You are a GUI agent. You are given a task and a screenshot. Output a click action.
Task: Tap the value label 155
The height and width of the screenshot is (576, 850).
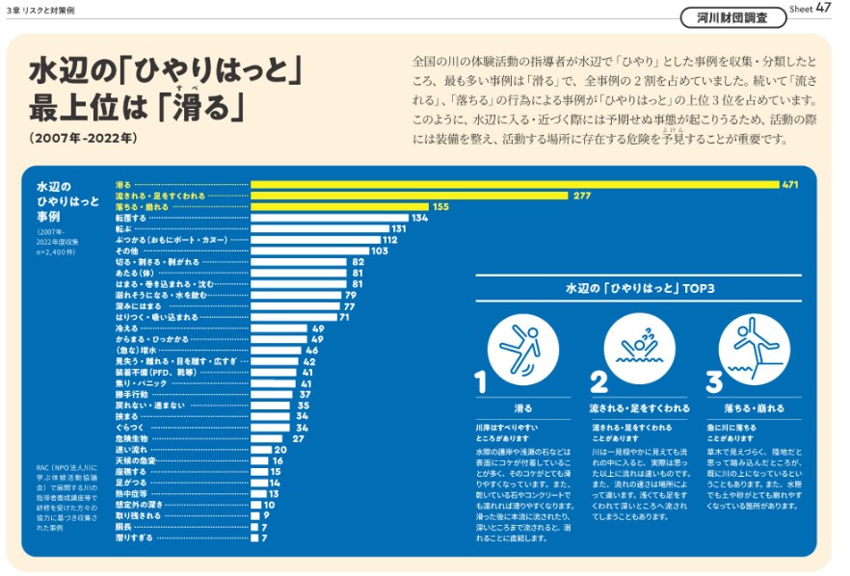click(x=440, y=207)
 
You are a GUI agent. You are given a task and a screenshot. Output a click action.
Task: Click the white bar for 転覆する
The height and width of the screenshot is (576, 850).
click(x=328, y=219)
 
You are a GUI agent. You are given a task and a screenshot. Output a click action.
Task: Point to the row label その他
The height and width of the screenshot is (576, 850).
click(x=128, y=251)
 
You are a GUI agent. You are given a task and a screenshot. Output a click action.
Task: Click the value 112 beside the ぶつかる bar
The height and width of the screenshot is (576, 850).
click(x=389, y=240)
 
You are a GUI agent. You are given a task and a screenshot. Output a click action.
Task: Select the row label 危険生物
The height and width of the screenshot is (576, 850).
click(x=133, y=438)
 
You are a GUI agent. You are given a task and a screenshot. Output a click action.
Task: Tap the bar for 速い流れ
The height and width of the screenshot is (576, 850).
click(x=261, y=449)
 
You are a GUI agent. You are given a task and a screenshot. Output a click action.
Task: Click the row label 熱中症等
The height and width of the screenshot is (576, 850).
click(x=133, y=493)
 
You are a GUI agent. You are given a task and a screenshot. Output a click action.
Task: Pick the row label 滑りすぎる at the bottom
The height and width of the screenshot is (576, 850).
click(x=135, y=537)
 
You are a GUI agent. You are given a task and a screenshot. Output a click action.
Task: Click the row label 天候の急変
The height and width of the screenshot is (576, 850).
click(x=135, y=460)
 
